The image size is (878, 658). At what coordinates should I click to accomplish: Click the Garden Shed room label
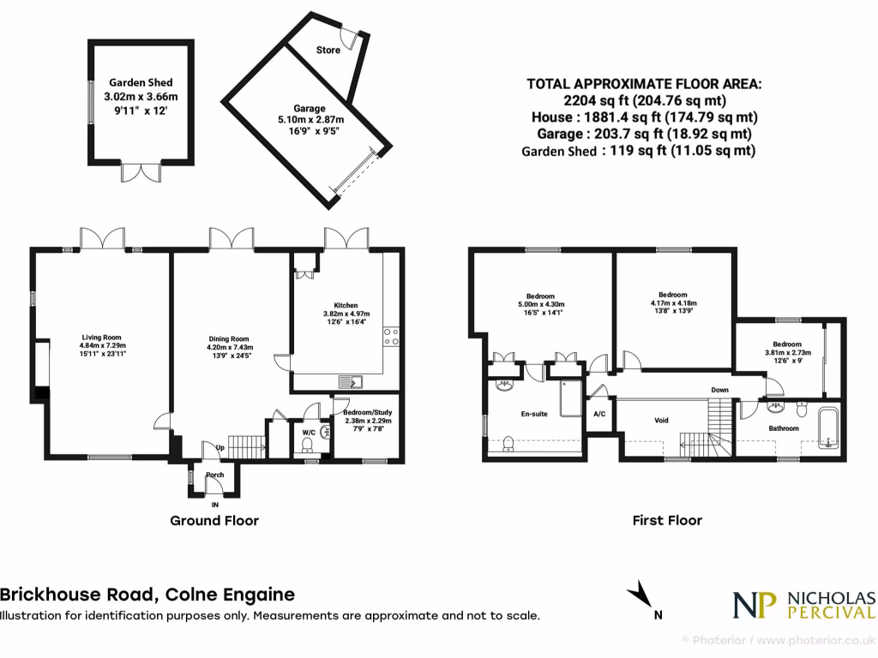tap(141, 83)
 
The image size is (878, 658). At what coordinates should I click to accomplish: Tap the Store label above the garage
tap(328, 50)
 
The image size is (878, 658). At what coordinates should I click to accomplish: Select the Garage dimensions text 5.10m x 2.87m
tap(310, 120)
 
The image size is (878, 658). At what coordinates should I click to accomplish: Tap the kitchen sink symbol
tap(352, 382)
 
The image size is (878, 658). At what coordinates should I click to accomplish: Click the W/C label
tap(309, 433)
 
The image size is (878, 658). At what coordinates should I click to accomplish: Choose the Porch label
tap(214, 475)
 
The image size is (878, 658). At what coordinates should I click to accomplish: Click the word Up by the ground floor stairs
tap(220, 448)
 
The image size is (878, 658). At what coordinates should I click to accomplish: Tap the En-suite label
tap(534, 414)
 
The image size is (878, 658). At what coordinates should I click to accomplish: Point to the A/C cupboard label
tap(598, 414)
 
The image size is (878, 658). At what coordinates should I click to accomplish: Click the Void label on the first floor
tap(661, 420)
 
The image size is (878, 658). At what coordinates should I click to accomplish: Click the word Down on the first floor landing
tap(719, 390)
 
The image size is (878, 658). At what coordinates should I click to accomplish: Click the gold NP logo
tap(753, 605)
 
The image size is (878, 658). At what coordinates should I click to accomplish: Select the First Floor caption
tap(666, 520)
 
